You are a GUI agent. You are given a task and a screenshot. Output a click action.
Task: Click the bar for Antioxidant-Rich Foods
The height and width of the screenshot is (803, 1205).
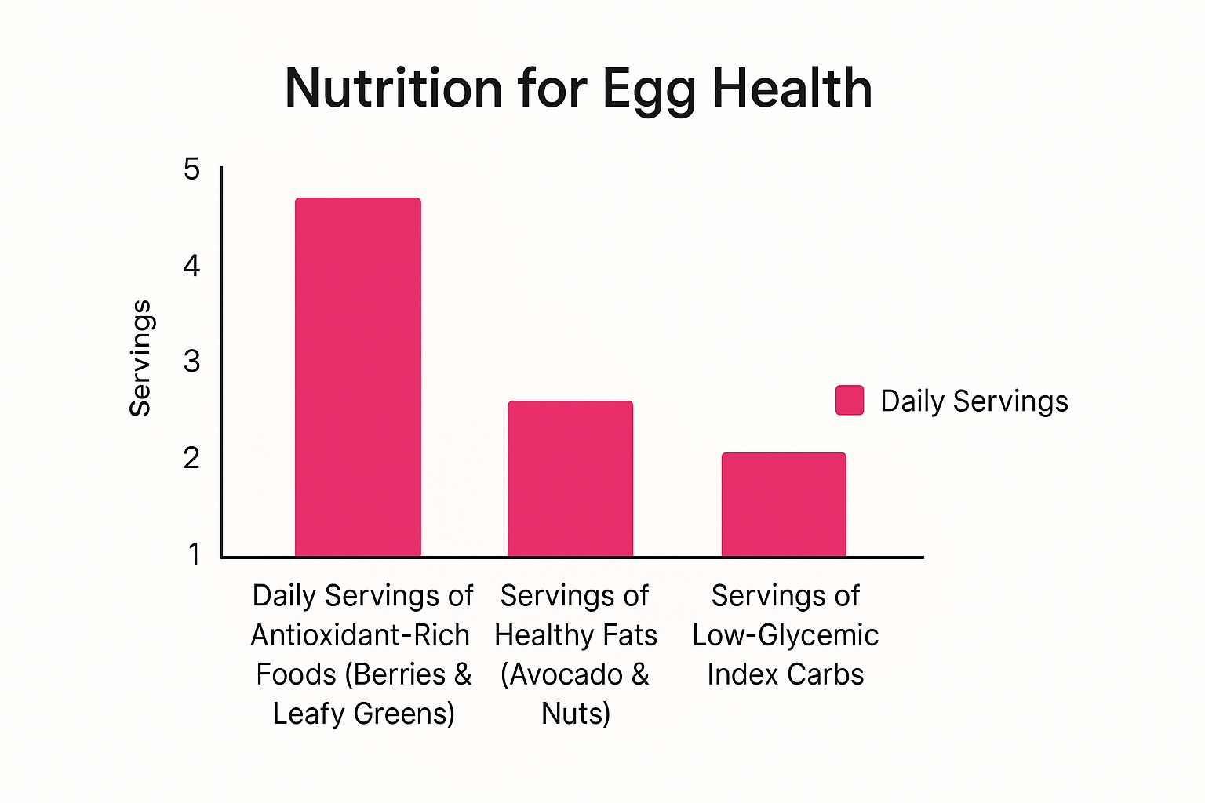click(x=358, y=377)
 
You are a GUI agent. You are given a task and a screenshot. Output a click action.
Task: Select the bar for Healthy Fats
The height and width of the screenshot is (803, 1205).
click(x=570, y=478)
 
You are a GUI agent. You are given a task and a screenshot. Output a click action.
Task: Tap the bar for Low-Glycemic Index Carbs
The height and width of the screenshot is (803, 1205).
click(x=784, y=504)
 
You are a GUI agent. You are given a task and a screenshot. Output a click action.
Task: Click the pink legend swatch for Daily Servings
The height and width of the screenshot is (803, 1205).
click(x=850, y=400)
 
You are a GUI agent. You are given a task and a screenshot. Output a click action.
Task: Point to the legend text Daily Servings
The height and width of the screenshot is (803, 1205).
click(x=974, y=401)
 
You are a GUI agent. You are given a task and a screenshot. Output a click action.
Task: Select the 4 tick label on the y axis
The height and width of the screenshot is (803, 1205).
click(x=191, y=266)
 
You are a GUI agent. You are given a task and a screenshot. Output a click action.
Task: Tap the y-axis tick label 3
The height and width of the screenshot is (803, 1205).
click(x=191, y=362)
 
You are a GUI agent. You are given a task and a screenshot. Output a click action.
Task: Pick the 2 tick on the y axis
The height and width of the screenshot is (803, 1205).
click(x=191, y=458)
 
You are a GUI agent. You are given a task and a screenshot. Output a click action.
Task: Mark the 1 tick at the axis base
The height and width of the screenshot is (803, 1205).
click(x=194, y=554)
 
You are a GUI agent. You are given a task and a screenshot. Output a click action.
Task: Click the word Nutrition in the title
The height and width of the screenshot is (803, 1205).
click(x=393, y=88)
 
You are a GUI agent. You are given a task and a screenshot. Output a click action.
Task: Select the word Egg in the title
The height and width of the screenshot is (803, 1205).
click(x=650, y=92)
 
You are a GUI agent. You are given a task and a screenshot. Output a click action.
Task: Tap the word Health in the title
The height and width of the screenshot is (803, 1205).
click(x=792, y=88)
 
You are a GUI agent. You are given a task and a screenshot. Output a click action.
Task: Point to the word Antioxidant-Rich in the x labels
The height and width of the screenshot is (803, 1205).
click(x=360, y=635)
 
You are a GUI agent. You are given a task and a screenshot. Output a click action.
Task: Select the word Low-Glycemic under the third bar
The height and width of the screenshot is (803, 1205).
click(x=785, y=637)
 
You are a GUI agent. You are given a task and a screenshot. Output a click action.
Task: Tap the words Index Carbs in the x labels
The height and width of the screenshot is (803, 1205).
click(x=785, y=674)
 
